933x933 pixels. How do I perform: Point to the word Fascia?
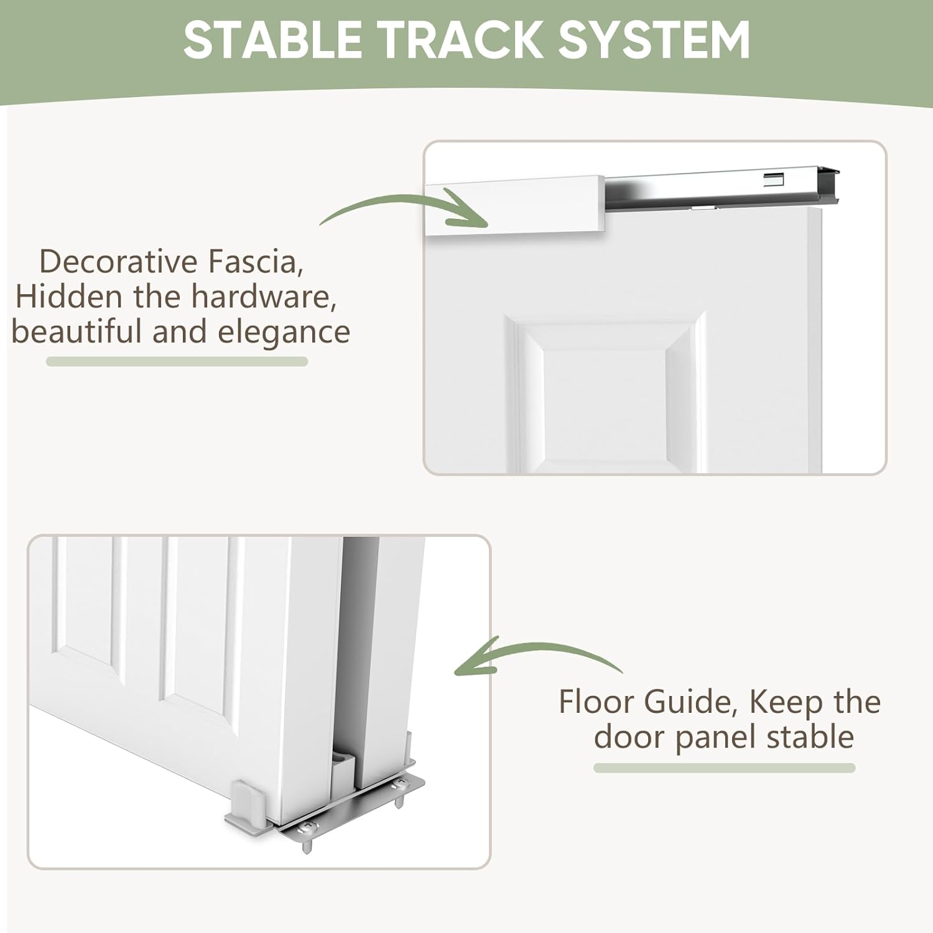(256, 263)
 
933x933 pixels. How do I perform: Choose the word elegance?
(284, 333)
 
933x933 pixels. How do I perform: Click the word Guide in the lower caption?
(691, 703)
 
